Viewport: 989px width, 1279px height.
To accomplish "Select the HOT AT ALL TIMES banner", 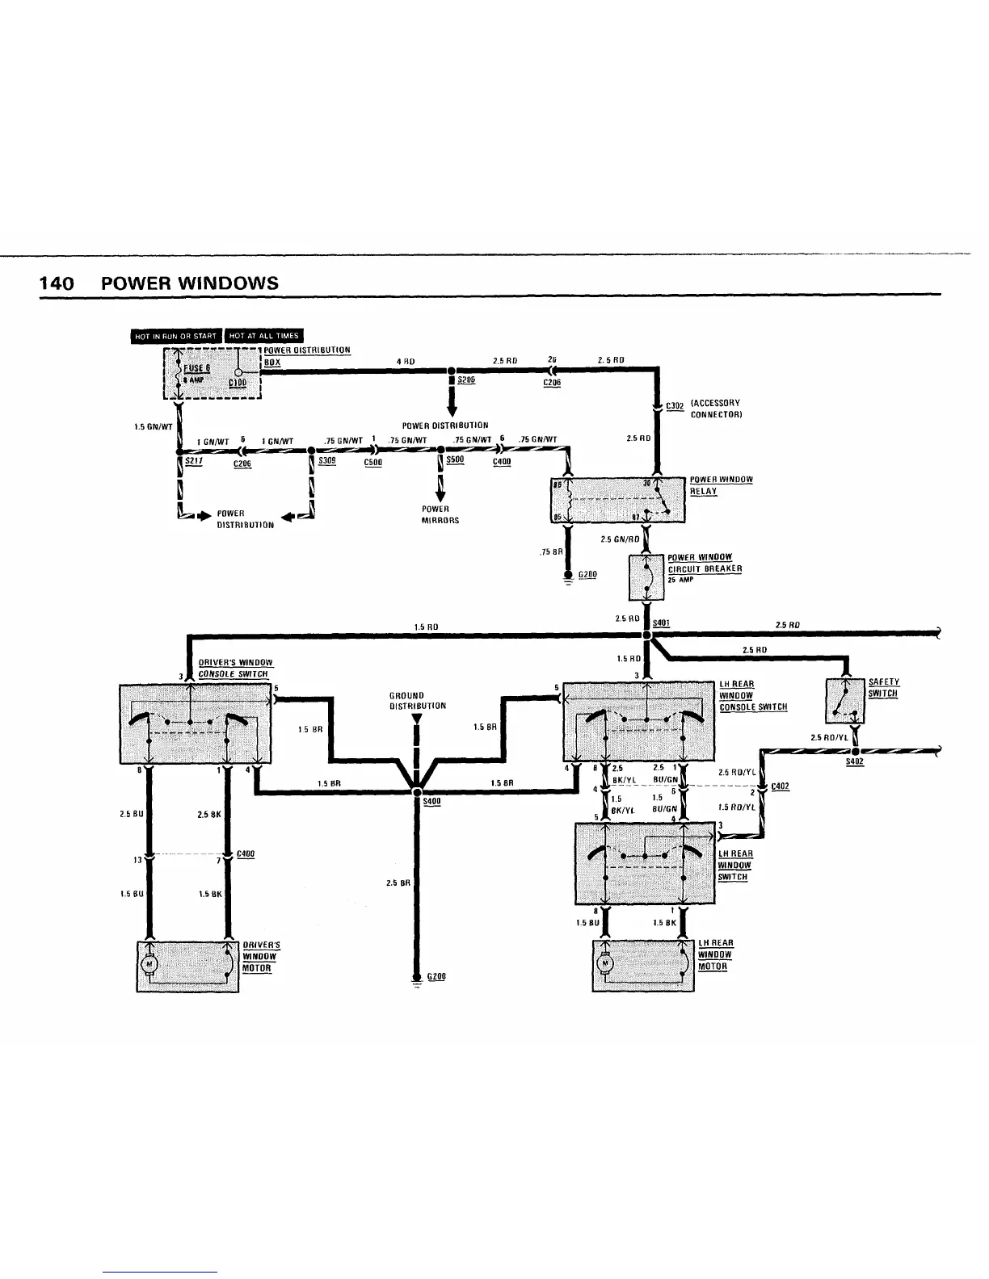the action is pyautogui.click(x=263, y=336).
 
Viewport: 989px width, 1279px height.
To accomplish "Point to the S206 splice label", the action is pyautogui.click(x=466, y=380).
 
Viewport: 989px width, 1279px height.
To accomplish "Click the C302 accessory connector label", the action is pyautogui.click(x=675, y=406).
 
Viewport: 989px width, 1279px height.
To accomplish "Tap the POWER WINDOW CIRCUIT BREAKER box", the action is pyautogui.click(x=646, y=578).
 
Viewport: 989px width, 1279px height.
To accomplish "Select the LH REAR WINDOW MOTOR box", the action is pyautogui.click(x=644, y=965).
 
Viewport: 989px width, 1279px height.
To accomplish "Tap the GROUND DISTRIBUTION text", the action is pyautogui.click(x=417, y=700).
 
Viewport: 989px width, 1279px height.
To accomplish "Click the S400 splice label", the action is pyautogui.click(x=432, y=801).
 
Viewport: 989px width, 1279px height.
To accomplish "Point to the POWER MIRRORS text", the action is pyautogui.click(x=440, y=514).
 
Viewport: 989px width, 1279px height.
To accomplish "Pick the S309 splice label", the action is pyautogui.click(x=327, y=460).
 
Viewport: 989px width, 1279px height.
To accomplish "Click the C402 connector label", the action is pyautogui.click(x=780, y=787).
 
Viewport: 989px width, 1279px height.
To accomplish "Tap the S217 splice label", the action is pyautogui.click(x=192, y=460).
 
